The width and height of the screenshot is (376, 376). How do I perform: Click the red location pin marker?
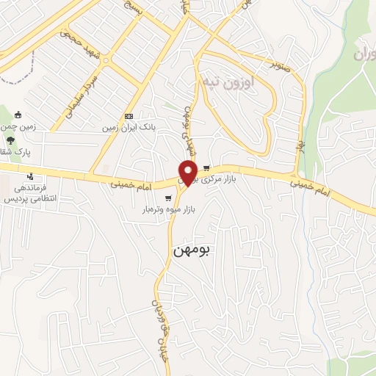pyautogui.click(x=189, y=172)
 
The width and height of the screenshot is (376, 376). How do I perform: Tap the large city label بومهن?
pyautogui.click(x=192, y=250)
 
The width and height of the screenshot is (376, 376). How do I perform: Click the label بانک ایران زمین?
pyautogui.click(x=129, y=126)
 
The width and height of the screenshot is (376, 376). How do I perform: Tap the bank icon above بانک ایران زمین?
pyautogui.click(x=129, y=116)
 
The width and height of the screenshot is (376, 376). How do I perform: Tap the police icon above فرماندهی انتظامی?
pyautogui.click(x=30, y=176)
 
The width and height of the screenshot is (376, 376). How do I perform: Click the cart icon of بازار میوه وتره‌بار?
pyautogui.click(x=169, y=198)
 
